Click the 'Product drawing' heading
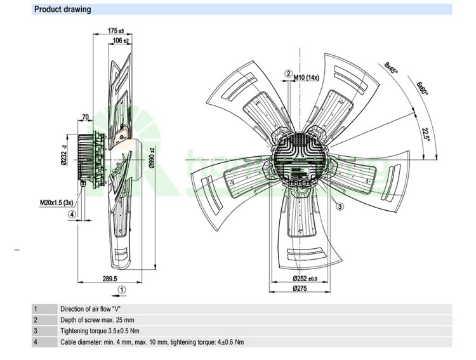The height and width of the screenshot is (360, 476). (62, 10)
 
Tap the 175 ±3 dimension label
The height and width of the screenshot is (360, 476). (115, 30)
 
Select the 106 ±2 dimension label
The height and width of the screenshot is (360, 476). (121, 41)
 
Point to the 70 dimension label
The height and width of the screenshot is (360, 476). (85, 117)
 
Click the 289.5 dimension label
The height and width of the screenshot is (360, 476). (109, 279)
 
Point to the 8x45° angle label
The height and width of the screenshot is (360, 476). (390, 69)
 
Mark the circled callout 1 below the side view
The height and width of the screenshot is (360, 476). (122, 289)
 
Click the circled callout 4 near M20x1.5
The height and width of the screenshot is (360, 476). (72, 214)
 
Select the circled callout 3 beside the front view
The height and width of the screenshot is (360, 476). (340, 206)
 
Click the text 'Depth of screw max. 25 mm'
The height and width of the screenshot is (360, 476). (97, 320)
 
